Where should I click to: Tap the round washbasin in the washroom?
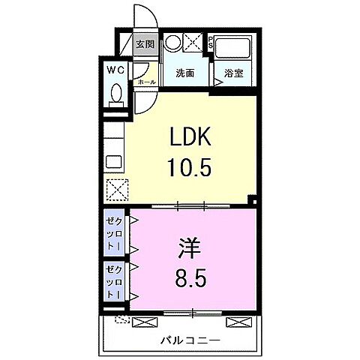(x=174, y=43)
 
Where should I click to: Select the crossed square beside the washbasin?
(x=193, y=43)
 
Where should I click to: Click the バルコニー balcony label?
(x=189, y=341)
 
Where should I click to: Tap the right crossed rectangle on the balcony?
(x=235, y=322)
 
